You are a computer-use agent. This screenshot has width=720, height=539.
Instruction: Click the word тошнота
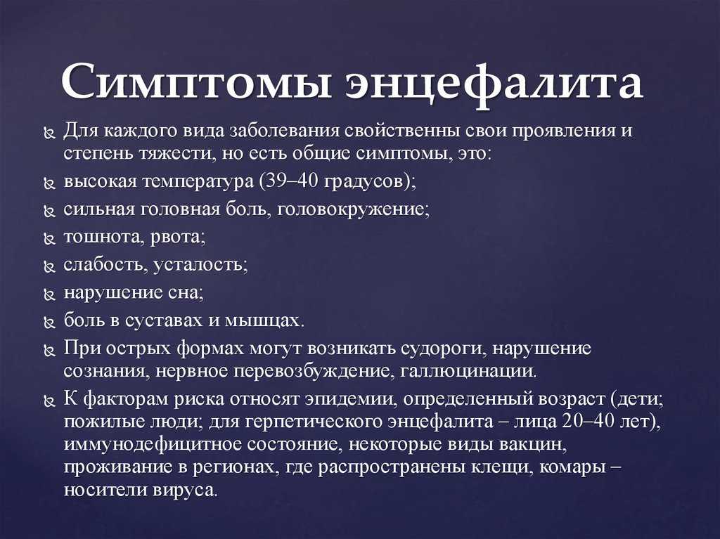pyautogui.click(x=105, y=237)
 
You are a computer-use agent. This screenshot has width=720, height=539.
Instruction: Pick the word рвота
pyautogui.click(x=177, y=238)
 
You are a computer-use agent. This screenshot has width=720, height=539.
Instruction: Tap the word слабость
pyautogui.click(x=104, y=264)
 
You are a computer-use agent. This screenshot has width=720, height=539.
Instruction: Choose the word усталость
pyautogui.click(x=199, y=266)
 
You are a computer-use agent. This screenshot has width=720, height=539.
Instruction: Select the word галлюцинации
pyautogui.click(x=468, y=372)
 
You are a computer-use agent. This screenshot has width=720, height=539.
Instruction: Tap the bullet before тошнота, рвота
pyautogui.click(x=49, y=239)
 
